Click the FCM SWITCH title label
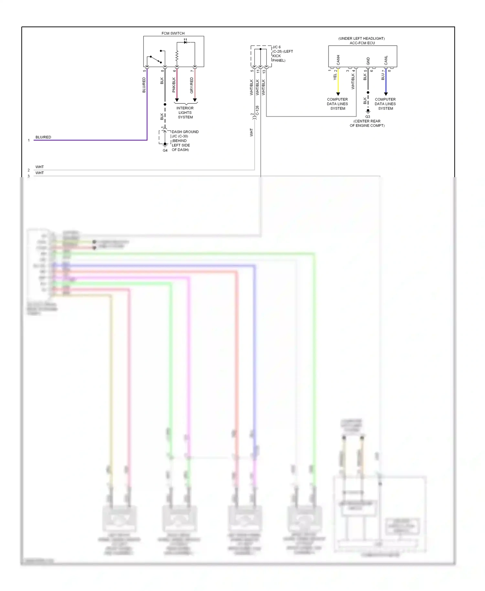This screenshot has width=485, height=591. [x=173, y=33]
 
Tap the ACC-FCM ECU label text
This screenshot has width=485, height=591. [x=362, y=43]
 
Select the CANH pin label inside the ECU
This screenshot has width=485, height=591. [x=338, y=60]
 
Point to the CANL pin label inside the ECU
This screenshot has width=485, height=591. [x=386, y=60]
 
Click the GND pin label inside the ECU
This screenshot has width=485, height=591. [x=368, y=61]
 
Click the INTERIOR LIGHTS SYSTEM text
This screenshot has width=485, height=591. [x=185, y=113]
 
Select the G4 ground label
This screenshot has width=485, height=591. [x=165, y=150]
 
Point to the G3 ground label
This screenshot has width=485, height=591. [x=368, y=117]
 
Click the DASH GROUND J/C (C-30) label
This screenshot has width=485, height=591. [x=185, y=134]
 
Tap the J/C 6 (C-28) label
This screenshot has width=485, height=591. [x=282, y=54]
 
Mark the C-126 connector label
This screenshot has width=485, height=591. [x=257, y=110]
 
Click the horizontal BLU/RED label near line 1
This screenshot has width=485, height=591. [x=43, y=137]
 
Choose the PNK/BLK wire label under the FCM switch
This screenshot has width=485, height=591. [x=174, y=85]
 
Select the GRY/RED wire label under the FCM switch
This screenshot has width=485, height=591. [x=192, y=85]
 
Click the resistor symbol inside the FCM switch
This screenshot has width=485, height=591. [x=177, y=56]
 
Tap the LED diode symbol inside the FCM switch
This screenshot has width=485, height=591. [x=185, y=42]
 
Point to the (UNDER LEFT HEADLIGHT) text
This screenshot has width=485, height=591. [x=361, y=38]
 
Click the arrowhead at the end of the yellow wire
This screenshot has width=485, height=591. [x=338, y=94]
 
